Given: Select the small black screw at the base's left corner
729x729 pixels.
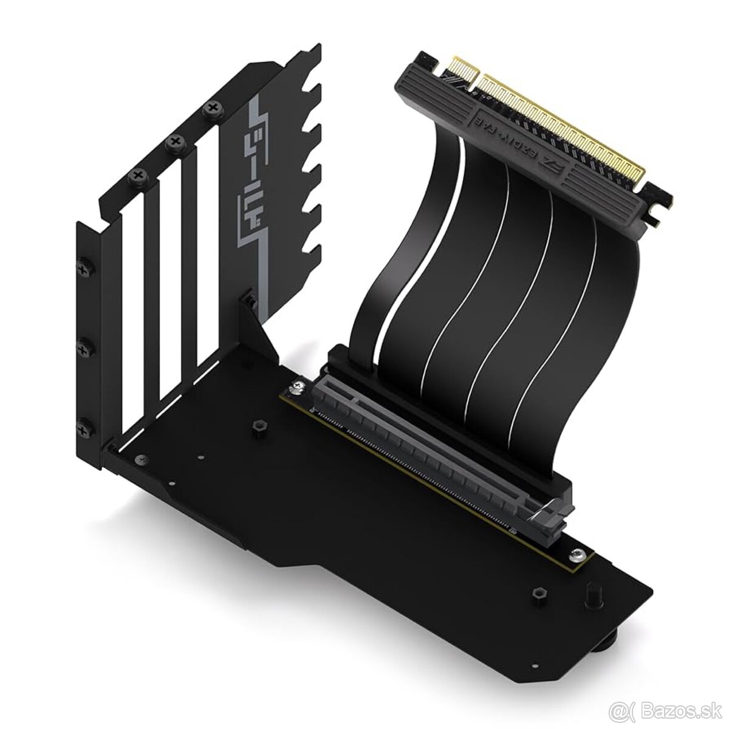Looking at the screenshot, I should (x=141, y=459).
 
